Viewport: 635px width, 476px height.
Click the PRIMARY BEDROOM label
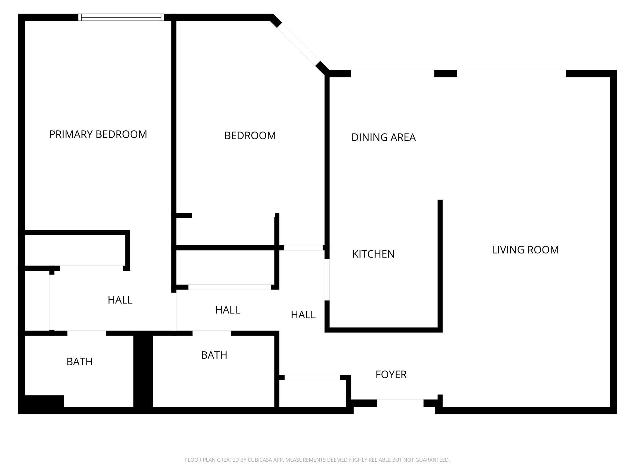(x=98, y=135)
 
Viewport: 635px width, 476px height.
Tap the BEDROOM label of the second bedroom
(x=250, y=136)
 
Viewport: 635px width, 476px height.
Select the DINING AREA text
(x=383, y=138)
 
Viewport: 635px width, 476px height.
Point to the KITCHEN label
(x=373, y=254)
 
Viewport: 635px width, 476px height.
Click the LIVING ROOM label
(x=525, y=250)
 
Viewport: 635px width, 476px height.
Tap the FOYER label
(x=391, y=375)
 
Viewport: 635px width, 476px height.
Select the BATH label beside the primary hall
(x=79, y=362)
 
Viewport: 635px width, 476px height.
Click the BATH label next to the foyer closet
(x=214, y=355)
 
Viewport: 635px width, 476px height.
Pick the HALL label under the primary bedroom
(x=120, y=300)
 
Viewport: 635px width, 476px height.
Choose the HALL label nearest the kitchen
(x=303, y=315)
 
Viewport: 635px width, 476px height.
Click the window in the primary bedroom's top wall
(x=121, y=17)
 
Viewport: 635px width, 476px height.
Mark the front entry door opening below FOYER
(x=400, y=403)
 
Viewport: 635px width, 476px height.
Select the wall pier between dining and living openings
(x=445, y=74)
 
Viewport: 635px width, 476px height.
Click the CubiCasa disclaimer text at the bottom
(x=317, y=460)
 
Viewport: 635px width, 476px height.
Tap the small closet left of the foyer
(x=313, y=394)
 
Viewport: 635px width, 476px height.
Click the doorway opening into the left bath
(x=87, y=333)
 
